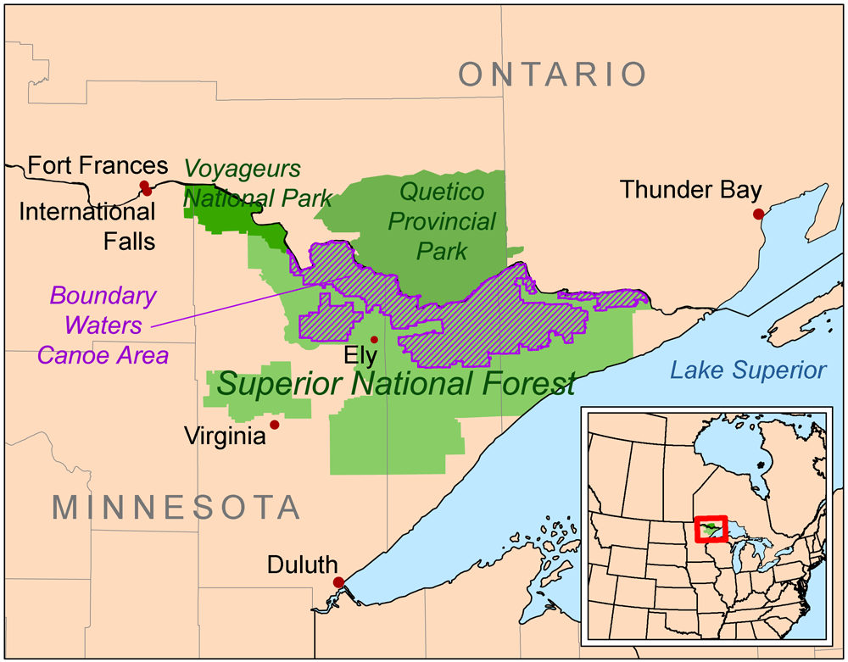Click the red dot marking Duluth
point(339,582)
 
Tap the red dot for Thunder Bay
point(758,214)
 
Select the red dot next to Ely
point(374,339)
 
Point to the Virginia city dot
point(274,425)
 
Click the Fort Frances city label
point(98,164)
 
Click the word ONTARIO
point(553,75)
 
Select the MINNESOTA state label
point(176,507)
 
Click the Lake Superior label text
point(747,370)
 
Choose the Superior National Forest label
point(396,384)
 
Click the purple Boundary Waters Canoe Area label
point(104,325)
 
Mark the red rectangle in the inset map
point(711,530)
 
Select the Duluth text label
point(302,565)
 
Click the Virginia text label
point(224,437)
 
